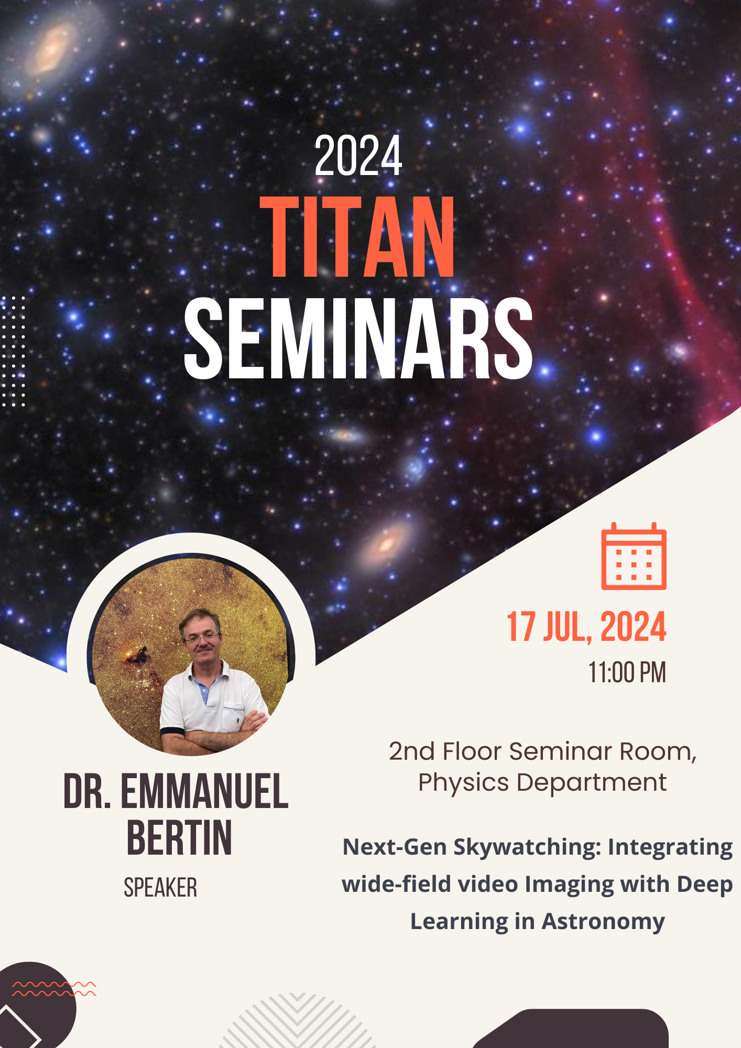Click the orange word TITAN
pos(358,237)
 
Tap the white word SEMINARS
pos(358,338)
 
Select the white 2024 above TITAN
pos(358,156)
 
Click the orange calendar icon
pos(634,556)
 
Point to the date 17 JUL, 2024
pos(586,627)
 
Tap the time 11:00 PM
pos(627,672)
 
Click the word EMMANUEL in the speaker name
pos(204,791)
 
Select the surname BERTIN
pos(179,838)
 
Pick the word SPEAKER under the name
pos(160,888)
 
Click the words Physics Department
pos(542,783)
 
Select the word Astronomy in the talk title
pos(603,922)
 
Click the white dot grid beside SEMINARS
pos(13,351)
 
